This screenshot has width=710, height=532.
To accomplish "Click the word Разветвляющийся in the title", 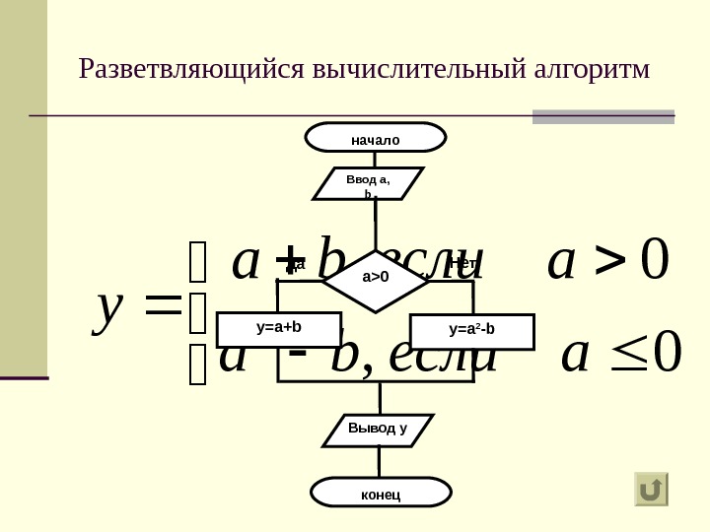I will [x=191, y=70].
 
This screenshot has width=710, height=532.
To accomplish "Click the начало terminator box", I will [x=376, y=139].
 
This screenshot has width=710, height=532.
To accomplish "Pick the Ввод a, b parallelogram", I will [x=369, y=184].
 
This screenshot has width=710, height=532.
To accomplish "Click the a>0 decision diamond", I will [x=376, y=277].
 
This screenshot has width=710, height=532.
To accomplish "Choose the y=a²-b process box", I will [x=472, y=331].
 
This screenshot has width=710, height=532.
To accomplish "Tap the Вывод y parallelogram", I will [x=377, y=430].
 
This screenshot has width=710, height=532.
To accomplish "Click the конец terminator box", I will [x=381, y=493].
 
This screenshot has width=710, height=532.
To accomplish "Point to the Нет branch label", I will [x=462, y=263].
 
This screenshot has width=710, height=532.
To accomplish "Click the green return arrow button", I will [x=651, y=489].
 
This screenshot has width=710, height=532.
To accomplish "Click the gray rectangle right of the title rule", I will [x=603, y=116].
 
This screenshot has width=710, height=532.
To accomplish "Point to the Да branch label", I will [x=297, y=263].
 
